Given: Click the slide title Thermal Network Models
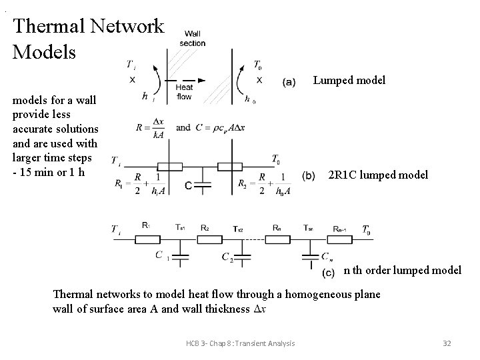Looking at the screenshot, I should [x=88, y=39].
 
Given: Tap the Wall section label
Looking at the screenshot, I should [x=192, y=39].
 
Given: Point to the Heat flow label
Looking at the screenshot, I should [x=184, y=92].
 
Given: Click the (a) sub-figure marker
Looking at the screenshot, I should [x=289, y=82].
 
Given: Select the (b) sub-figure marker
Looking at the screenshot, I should [x=309, y=175].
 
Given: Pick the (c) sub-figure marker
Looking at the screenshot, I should [x=328, y=272].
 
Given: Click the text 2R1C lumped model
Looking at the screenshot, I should [x=378, y=175].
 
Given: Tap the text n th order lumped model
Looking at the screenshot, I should [x=402, y=270].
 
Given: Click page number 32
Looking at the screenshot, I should [x=447, y=343].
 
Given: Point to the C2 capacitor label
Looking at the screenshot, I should [x=227, y=256].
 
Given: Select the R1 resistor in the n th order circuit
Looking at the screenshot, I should [x=145, y=225].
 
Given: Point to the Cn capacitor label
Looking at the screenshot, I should [x=327, y=256].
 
